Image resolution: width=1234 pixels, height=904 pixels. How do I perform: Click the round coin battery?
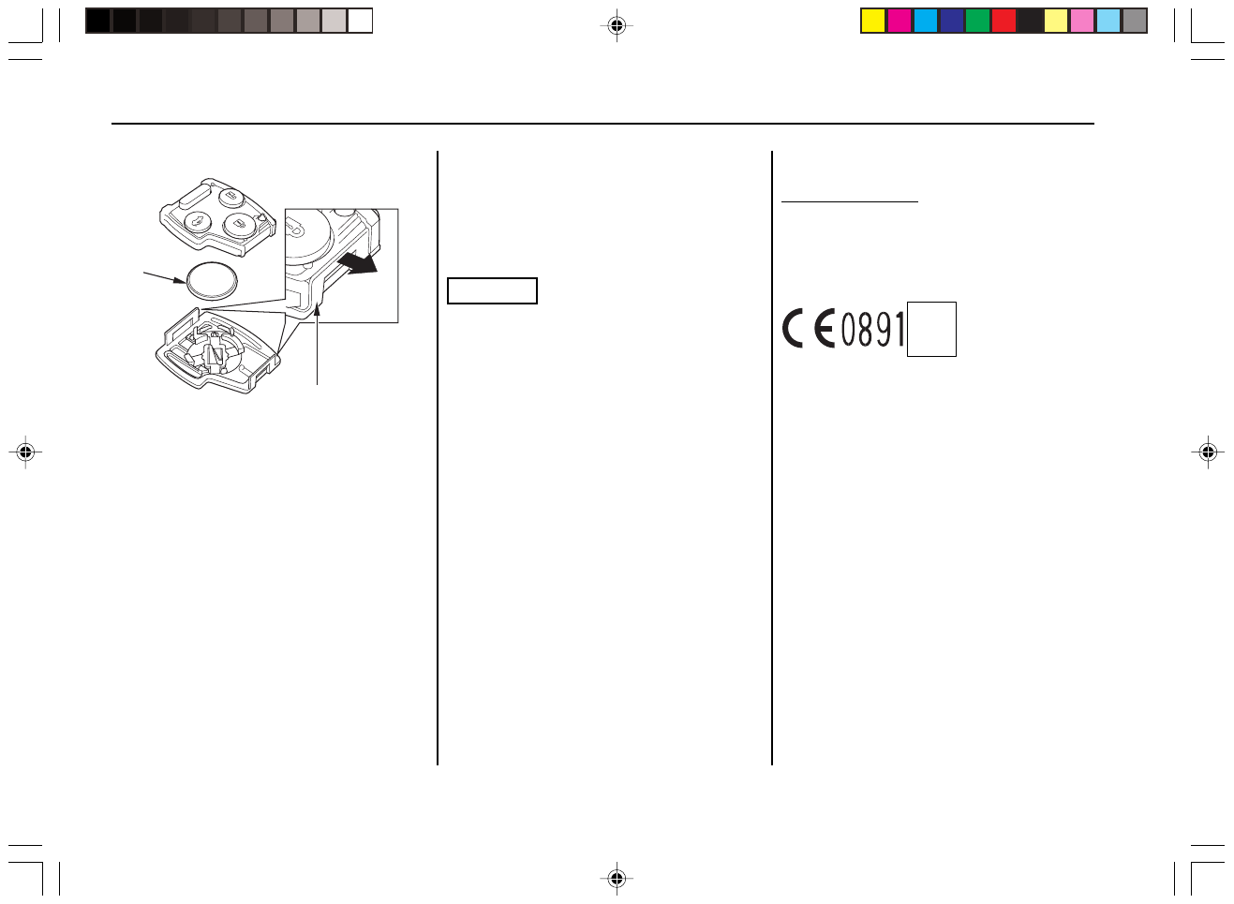212,280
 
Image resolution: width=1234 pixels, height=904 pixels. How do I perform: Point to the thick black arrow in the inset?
358,262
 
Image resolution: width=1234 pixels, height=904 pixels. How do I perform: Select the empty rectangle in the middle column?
492,291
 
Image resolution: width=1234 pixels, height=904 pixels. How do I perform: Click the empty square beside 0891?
931,329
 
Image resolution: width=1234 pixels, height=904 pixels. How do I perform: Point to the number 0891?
872,330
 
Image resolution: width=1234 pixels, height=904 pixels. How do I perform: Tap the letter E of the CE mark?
825,330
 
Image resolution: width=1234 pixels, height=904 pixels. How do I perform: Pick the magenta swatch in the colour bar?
899,21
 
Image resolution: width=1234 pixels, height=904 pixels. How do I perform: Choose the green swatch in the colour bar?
977,21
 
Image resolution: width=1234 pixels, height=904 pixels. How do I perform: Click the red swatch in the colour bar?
1004,21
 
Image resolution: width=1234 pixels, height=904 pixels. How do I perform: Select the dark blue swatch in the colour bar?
951,21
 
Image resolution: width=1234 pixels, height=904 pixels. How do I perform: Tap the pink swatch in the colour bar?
1082,21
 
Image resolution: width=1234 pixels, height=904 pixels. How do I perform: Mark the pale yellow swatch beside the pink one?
1056,21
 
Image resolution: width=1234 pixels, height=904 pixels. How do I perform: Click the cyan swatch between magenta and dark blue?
926,21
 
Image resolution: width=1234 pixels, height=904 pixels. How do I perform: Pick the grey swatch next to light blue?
1135,21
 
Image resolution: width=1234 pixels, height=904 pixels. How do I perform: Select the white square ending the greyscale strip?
361,21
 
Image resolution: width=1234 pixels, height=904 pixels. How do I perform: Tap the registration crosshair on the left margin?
25,452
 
